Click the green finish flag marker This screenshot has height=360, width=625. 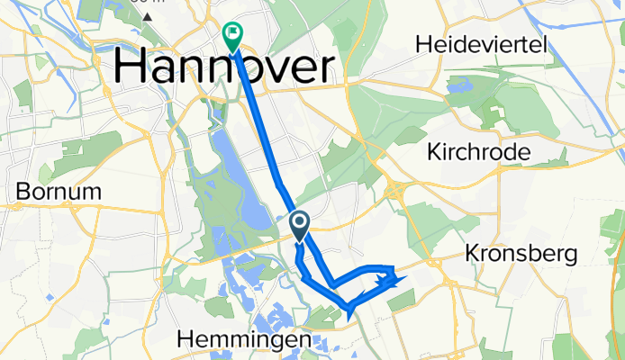[231, 36]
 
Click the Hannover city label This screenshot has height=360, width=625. [222, 67]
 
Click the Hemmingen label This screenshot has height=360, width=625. [245, 339]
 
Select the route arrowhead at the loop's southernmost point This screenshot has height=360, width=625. [349, 312]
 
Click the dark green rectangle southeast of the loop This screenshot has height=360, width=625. [403, 301]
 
